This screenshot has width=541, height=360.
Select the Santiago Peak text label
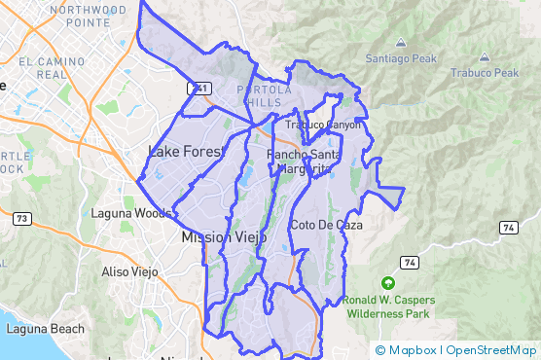[x=402, y=58]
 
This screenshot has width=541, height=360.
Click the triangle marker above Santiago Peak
[x=401, y=43]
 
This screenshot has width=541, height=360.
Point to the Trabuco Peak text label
[x=485, y=73]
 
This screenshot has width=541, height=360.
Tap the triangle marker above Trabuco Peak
[x=485, y=56]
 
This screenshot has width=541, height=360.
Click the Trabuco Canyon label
[x=322, y=125]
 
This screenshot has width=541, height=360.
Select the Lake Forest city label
[x=186, y=151]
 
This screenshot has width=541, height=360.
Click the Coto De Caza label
[x=326, y=225]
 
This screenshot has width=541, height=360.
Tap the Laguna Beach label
[x=46, y=329]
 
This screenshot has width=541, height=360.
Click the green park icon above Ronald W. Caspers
[x=388, y=283]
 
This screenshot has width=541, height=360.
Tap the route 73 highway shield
[x=20, y=219]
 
